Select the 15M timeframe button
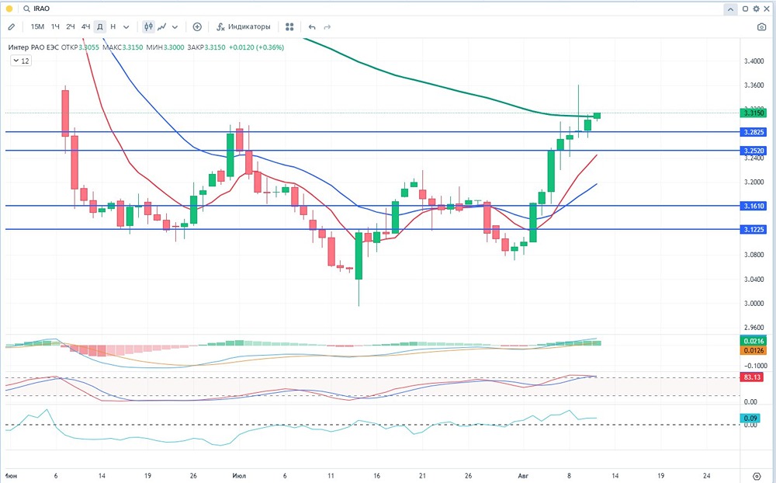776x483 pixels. click(37, 26)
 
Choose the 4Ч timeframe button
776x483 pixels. click(85, 26)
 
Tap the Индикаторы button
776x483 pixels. click(244, 26)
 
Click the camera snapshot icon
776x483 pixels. click(760, 26)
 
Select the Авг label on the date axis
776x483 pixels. click(525, 474)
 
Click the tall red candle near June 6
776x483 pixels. click(65, 113)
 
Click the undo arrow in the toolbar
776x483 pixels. click(312, 26)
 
